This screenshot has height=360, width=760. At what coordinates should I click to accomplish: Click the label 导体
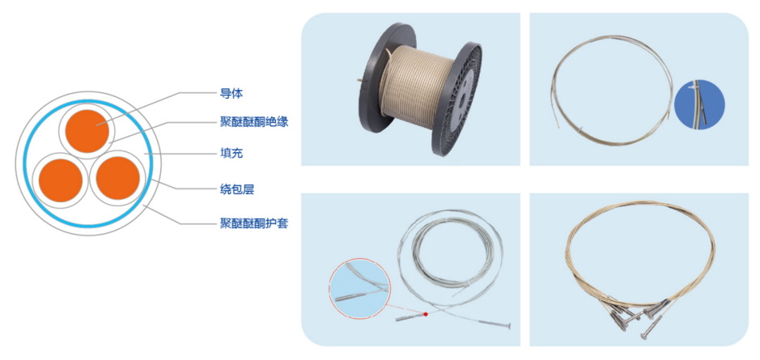coord(231,94)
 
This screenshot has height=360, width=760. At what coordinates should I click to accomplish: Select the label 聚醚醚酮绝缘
coord(254,121)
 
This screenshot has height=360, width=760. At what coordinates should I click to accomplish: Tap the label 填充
coord(231,154)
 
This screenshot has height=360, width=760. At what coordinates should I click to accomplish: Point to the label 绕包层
coord(237,189)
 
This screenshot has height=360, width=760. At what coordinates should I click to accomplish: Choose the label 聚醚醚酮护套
coord(254,224)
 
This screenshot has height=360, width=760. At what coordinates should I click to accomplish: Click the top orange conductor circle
coord(87,131)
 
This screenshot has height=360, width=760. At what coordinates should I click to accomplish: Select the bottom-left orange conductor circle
coord(61,180)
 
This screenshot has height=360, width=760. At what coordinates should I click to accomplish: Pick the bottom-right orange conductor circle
coord(118,178)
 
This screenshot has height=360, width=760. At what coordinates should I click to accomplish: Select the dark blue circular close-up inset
coord(699,105)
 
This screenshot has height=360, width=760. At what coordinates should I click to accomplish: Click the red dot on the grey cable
coord(426,314)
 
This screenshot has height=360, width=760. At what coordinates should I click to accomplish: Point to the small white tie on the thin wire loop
coord(580,129)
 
